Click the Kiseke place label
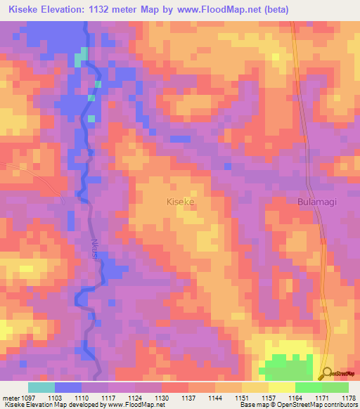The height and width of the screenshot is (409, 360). [179, 202]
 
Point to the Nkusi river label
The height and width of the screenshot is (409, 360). [94, 249]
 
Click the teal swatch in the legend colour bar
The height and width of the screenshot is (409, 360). [41, 387]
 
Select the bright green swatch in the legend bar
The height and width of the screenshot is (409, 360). [308, 387]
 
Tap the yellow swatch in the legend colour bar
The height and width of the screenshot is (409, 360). [281, 387]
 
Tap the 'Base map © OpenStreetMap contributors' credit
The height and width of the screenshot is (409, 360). [297, 405]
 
